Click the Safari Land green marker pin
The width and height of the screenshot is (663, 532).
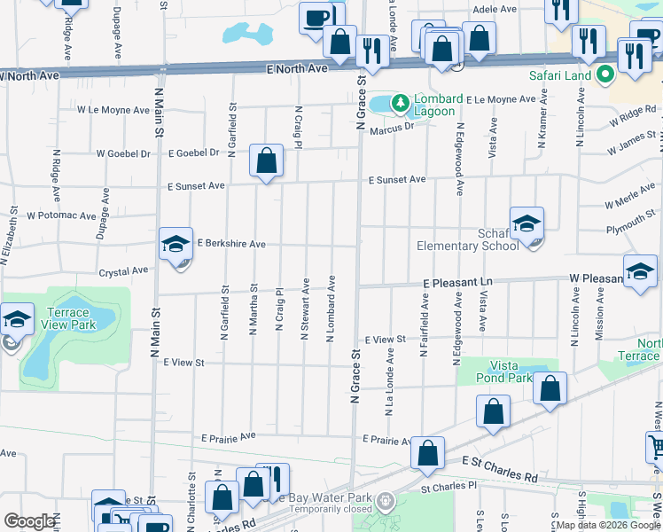[606, 75]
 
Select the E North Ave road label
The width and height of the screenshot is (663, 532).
[297, 68]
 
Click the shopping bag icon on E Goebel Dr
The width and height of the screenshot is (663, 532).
[266, 161]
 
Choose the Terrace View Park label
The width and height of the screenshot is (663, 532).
[68, 318]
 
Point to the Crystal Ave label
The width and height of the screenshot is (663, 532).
[123, 271]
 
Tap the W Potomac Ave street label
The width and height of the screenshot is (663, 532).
[61, 215]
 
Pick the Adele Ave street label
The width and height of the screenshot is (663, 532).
[495, 9]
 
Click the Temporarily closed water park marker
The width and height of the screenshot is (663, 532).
[385, 502]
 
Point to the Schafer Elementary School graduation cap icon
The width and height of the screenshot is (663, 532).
[526, 223]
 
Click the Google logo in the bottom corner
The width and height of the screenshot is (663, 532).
[29, 521]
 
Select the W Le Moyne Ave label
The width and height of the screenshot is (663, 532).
[113, 111]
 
